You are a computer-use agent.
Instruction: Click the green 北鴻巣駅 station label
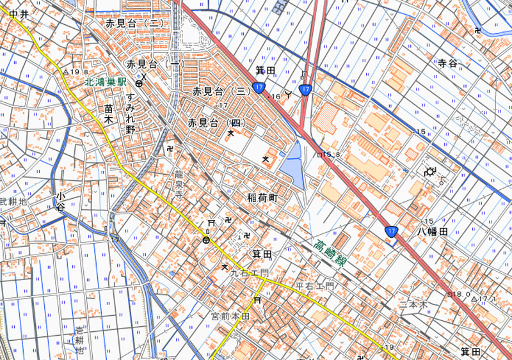click(108, 82)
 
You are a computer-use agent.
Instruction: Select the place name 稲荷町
click(262, 198)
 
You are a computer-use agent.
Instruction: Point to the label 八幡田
click(433, 231)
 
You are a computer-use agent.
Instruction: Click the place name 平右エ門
click(314, 285)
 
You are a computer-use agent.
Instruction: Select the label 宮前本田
click(230, 317)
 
